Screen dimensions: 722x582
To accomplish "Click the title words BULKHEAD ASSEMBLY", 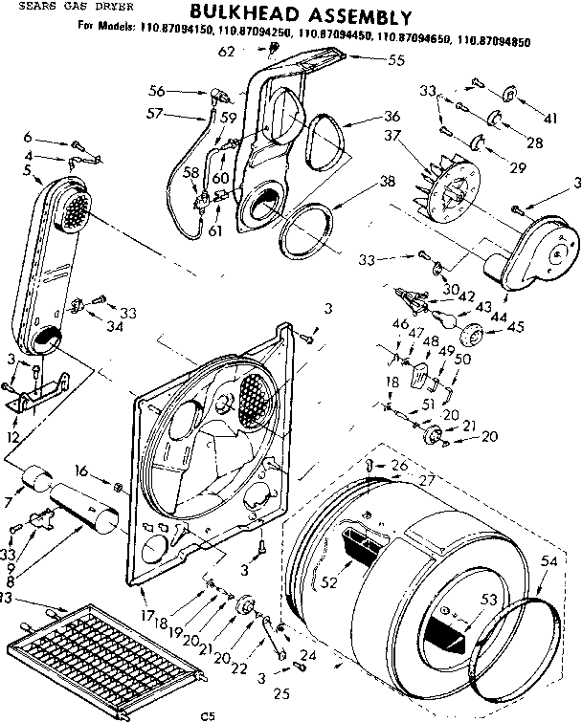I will pos(301,16).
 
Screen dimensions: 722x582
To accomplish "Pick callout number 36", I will pos(365,117).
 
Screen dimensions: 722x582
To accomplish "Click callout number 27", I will pos(425,481).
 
